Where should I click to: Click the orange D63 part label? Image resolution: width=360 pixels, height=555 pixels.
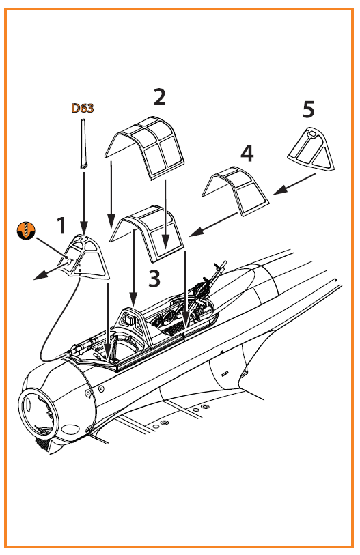83,108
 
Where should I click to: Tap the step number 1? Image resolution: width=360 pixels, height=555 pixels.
61,225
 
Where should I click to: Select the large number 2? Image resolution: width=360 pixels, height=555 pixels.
159,97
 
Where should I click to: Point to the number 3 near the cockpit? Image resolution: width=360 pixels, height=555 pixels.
154,279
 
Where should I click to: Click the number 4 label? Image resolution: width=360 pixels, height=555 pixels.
247,154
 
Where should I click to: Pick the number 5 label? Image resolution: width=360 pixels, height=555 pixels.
308,109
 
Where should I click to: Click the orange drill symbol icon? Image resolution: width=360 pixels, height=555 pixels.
26,230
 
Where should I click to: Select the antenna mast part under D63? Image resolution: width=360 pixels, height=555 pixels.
83,145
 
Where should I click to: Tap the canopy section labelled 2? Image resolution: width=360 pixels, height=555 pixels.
145,148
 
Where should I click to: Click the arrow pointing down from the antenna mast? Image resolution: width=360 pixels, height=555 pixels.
84,203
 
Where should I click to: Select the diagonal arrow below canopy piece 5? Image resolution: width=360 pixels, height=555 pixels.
294,184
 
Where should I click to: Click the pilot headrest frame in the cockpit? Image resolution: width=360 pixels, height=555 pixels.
135,324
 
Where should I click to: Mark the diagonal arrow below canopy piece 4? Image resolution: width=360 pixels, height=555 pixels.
213,225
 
